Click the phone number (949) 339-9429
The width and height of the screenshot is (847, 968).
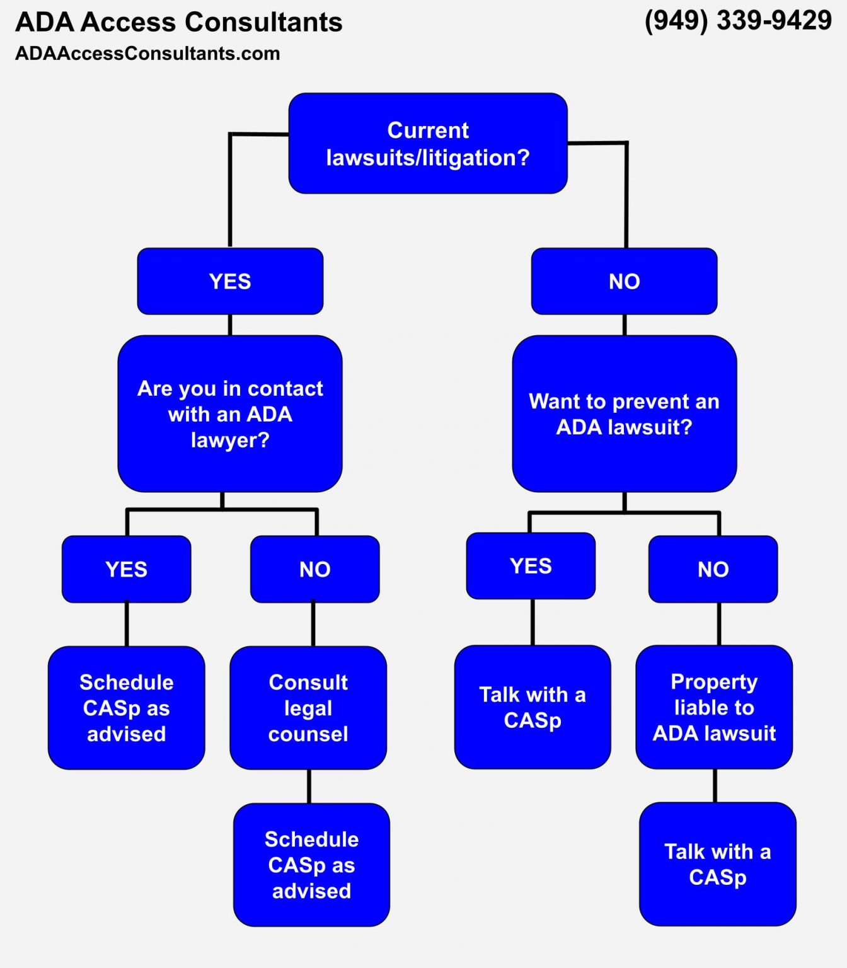[x=738, y=21]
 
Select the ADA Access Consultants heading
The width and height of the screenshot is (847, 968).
[x=179, y=23]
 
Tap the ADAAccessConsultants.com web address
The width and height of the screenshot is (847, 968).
[x=147, y=54]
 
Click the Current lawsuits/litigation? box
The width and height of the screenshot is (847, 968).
[x=428, y=144]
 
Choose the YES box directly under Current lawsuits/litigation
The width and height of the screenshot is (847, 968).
[x=230, y=281]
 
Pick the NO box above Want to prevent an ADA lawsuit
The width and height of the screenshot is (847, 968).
[x=624, y=281]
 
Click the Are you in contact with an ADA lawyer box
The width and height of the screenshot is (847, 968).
[x=230, y=414]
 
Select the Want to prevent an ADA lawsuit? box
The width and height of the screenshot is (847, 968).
[x=624, y=414]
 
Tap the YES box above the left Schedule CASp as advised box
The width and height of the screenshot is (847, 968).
[x=126, y=569]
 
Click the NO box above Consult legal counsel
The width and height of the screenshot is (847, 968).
[x=314, y=569]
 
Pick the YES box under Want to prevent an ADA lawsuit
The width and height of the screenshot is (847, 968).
[x=531, y=566]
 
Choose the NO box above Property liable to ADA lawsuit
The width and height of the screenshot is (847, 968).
[x=713, y=569]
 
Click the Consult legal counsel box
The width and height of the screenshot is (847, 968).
[x=308, y=708]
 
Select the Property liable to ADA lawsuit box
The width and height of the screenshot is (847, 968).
[x=714, y=707]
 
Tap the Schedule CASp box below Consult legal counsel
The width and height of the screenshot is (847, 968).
[x=311, y=865]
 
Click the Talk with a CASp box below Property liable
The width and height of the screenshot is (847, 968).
[x=718, y=864]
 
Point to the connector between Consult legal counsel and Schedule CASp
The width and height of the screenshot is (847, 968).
[x=309, y=786]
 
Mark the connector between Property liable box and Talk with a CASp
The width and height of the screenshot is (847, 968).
[x=715, y=785]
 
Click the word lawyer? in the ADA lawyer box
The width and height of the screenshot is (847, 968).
[x=230, y=441]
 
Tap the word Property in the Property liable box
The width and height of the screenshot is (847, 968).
[x=714, y=682]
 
